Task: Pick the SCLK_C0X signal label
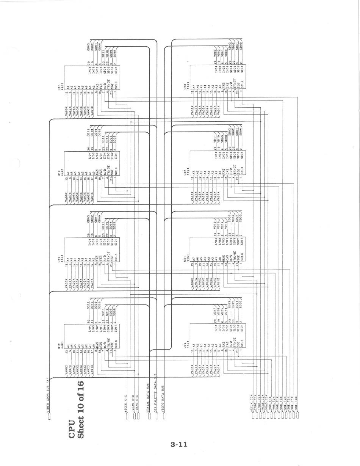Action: pyautogui.click(x=252, y=403)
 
